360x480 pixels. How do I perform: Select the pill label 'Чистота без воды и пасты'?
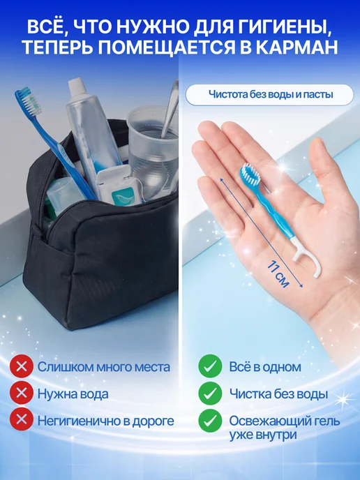coord(270,95)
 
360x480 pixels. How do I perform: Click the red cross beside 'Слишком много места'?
coord(22,366)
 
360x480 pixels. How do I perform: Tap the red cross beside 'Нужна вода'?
coord(22,393)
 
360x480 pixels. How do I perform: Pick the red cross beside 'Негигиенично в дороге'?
coord(22,420)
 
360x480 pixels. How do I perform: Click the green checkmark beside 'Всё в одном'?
coord(210,366)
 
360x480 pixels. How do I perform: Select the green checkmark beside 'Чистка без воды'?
coord(210,393)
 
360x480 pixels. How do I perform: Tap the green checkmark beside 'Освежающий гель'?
coord(210,420)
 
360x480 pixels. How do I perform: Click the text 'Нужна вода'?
coord(73,393)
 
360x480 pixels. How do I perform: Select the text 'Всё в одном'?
coord(265,367)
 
